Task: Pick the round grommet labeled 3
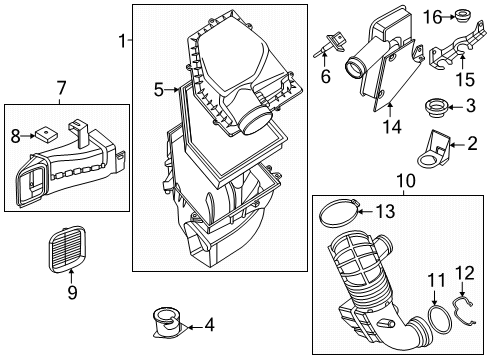437,106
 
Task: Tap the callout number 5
159,90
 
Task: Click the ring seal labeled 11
436,325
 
